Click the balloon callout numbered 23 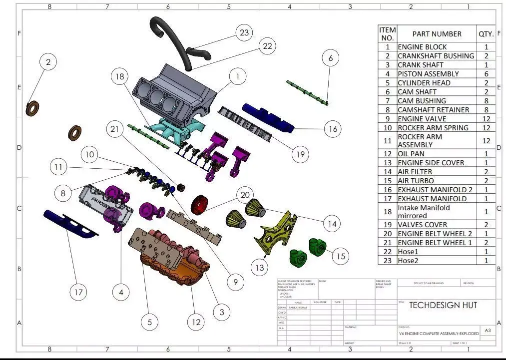coord(244,33)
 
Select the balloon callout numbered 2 coord(48,62)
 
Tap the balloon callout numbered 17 coord(78,292)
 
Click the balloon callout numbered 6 coord(330,58)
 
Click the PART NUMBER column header coord(437,34)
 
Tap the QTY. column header coord(486,34)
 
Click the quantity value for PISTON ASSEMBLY coord(486,74)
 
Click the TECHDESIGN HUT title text coord(443,305)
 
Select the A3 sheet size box coord(488,331)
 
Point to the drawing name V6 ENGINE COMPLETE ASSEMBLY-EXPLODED coord(438,334)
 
